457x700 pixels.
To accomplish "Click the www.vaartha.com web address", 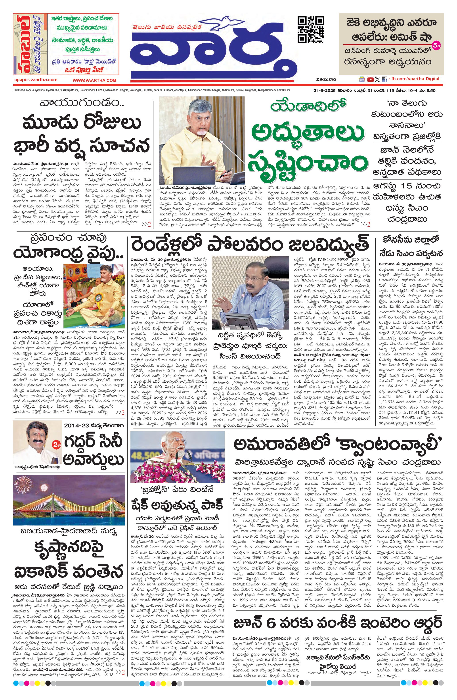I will click(x=94, y=80).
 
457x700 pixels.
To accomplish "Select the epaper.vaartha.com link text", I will click(x=36, y=80).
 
